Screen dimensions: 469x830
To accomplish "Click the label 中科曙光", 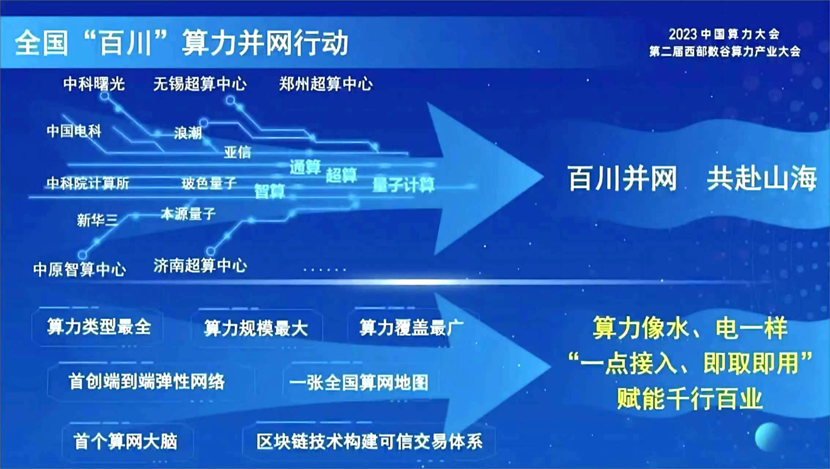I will pos(94,84).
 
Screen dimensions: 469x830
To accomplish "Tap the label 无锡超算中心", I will pos(200,84).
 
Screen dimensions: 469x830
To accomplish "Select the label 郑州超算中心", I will pos(326,84).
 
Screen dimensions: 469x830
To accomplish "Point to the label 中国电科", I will pos(74,131).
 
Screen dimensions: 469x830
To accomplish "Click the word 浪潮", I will pos(188,133).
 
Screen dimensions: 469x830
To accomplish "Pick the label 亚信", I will pos(237,152).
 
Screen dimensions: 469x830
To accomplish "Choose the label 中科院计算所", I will pos(88,183).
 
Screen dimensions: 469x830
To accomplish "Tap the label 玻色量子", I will pos(209,183).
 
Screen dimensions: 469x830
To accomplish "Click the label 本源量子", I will pos(188,214).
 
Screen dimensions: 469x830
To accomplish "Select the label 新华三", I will pos(97,220).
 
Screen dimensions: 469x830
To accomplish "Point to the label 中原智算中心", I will pos(79,270).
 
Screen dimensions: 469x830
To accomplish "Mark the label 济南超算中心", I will pos(200,265).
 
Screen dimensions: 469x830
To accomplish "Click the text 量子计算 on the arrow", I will pos(403,185).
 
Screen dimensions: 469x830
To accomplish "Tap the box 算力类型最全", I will pos(98,327).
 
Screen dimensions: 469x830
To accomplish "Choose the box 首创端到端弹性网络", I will pos(147,382).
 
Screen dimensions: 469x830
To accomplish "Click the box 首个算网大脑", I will pos(125,441).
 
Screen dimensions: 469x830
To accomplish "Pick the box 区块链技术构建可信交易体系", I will pos(369,442).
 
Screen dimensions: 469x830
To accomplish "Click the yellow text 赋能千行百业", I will pos(689,399).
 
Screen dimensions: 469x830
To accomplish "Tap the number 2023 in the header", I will pos(683,34).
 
